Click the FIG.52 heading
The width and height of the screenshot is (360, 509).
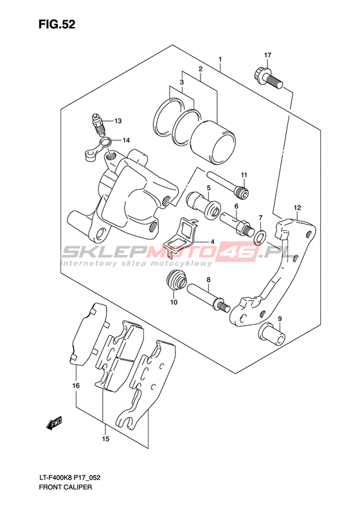[57, 24]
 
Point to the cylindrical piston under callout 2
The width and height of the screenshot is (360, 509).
[213, 142]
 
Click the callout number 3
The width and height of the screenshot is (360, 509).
[182, 82]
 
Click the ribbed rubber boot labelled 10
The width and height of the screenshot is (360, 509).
[176, 279]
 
